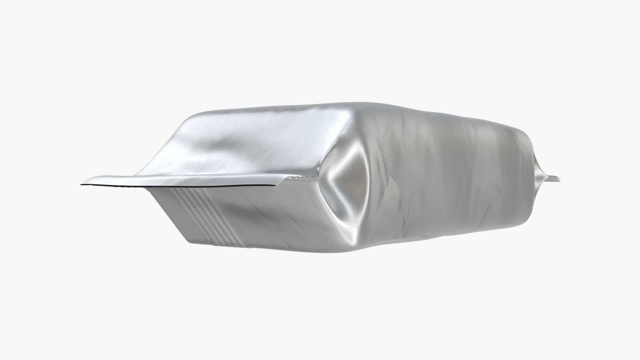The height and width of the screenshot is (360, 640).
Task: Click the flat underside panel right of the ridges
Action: [283, 217]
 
